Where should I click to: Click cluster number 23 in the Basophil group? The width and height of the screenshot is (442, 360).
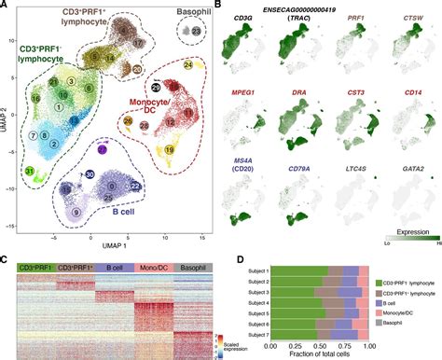195,31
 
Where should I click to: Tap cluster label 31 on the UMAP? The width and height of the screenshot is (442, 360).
31,171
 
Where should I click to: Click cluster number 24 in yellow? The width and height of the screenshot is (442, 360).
187,66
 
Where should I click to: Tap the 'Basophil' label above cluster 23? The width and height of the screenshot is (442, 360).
194,14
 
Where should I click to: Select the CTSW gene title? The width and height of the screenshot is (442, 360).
407,18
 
